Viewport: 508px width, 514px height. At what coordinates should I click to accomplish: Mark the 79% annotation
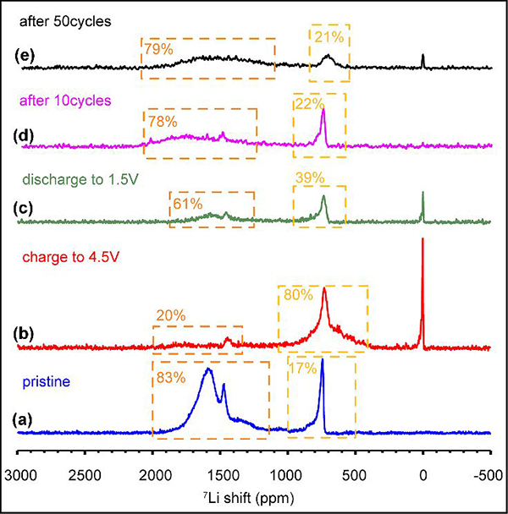(x=158, y=50)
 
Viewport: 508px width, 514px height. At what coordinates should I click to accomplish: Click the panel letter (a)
(x=26, y=417)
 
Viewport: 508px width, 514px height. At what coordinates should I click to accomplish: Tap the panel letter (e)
(x=26, y=57)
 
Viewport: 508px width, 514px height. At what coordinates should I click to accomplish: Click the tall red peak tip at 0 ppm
(x=422, y=239)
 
